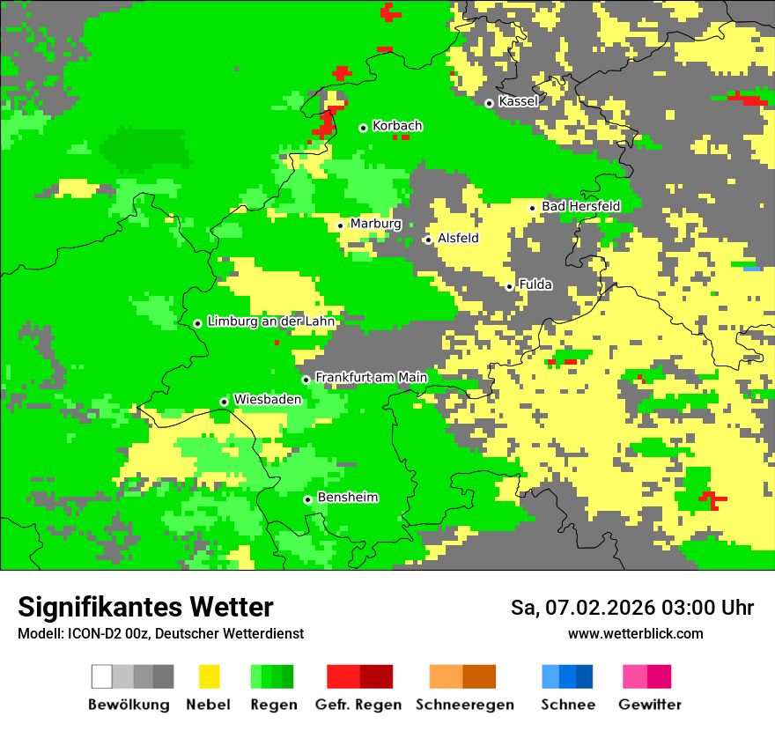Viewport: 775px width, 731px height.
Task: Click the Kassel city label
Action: [x=518, y=101]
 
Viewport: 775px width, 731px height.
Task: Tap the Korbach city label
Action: [x=397, y=126]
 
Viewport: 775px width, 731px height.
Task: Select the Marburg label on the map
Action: [x=375, y=224]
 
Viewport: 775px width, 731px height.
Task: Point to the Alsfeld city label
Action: [x=458, y=238]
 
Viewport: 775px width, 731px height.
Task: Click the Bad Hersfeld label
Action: [x=580, y=206]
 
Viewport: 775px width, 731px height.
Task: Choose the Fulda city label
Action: [x=535, y=284]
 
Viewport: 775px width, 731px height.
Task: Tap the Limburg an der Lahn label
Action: [x=270, y=321]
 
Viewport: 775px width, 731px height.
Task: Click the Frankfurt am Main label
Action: [x=371, y=377]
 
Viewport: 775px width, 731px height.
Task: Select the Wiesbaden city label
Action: [x=268, y=399]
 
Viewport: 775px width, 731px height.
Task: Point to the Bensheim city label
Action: [x=347, y=498]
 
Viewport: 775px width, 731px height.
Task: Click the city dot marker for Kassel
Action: [x=490, y=103]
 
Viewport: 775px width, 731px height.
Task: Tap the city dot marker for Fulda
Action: [x=509, y=286]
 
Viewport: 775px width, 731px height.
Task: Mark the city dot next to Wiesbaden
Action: [x=225, y=402]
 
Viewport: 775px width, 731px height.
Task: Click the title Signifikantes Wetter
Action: [x=145, y=607]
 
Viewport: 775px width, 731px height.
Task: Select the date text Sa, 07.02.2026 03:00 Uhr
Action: [x=631, y=608]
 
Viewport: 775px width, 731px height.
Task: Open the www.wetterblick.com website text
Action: [x=635, y=633]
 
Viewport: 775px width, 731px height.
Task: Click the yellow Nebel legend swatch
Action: [x=209, y=676]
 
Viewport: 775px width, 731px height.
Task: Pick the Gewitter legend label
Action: [x=649, y=705]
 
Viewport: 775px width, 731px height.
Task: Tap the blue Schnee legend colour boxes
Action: [x=566, y=676]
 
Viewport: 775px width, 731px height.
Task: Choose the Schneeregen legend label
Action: [x=464, y=705]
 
